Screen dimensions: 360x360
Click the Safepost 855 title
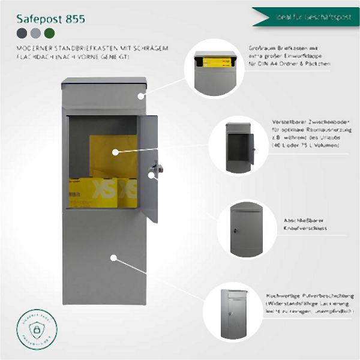tap(51, 19)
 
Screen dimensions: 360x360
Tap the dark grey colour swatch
tap(22, 33)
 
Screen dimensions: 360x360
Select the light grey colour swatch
tap(35, 33)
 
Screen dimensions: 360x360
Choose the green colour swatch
tap(48, 33)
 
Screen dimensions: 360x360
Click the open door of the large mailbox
tap(148, 168)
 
